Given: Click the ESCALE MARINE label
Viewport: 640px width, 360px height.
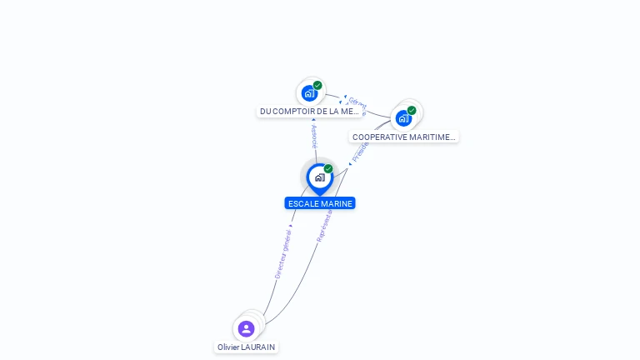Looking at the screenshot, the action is pos(320,203).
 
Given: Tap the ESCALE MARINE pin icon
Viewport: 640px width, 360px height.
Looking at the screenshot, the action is pos(319,177).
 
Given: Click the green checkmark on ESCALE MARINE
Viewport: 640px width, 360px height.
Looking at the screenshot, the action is pos(328,169).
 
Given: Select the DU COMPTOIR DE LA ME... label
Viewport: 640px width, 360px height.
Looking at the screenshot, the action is pos(309,111).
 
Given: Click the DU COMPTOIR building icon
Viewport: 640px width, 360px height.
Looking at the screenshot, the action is pos(309,92).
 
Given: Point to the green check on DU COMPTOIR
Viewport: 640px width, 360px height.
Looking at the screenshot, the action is pos(317,85).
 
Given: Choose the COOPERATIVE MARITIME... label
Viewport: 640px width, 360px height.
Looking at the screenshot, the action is pos(404,137).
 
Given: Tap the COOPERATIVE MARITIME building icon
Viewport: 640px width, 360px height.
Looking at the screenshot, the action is pos(404,117).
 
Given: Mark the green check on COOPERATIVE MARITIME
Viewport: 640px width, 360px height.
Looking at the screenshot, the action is pos(412,110).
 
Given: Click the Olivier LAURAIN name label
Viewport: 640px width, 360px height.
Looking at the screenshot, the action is pos(246,347).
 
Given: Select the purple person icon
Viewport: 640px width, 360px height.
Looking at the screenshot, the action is pos(246,328).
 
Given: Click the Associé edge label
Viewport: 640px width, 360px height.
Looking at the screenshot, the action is pos(314,136).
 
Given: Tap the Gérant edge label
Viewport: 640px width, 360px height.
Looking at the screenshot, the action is pos(357,104).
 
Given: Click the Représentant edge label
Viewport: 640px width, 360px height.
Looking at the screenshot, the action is pos(325,225).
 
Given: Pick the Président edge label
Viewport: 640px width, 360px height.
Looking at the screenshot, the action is pos(360,151).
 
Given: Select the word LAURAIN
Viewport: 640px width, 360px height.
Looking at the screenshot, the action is pos(257,347).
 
